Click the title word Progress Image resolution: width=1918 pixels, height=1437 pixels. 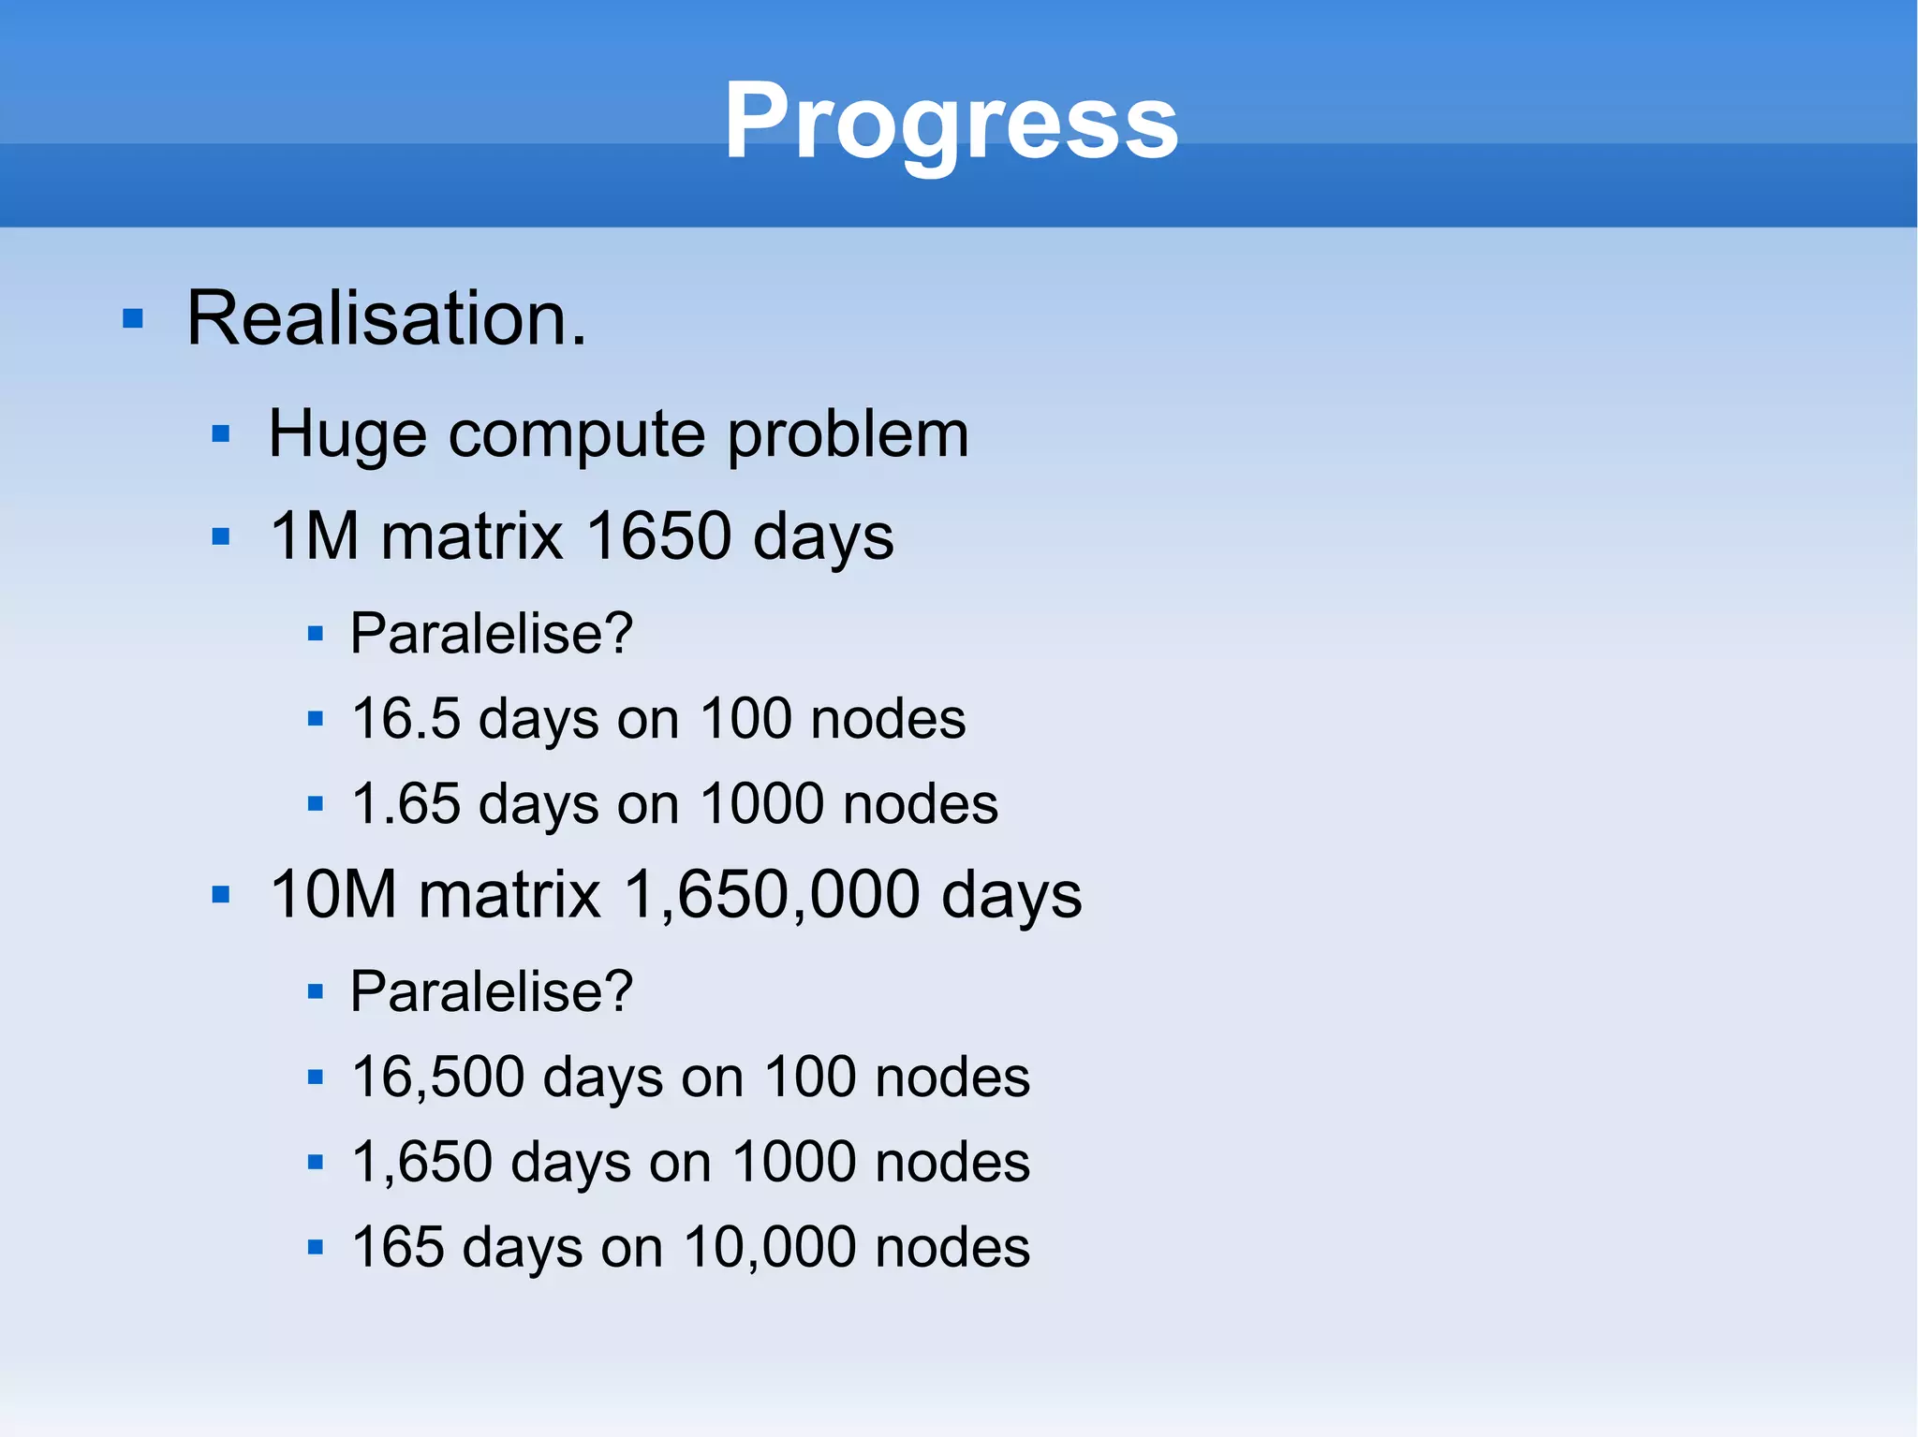951,122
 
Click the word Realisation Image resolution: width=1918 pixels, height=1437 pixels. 386,318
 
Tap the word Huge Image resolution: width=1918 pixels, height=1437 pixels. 347,434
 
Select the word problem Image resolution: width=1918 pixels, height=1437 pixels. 848,434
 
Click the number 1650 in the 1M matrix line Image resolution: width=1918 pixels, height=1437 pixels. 657,536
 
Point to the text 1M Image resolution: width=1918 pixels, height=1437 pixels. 314,536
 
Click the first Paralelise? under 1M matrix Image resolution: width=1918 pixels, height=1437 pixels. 492,633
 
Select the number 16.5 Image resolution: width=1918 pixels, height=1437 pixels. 406,719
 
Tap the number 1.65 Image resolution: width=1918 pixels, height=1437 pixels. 406,804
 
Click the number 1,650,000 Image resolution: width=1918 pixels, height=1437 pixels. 772,894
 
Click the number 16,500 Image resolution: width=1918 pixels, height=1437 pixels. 437,1077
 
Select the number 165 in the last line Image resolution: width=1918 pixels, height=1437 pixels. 397,1247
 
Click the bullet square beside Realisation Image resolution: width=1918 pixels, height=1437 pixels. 133,319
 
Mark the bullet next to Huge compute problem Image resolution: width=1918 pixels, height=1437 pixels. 221,434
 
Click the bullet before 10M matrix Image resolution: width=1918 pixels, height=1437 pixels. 221,895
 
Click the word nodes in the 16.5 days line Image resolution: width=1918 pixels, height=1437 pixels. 888,719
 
